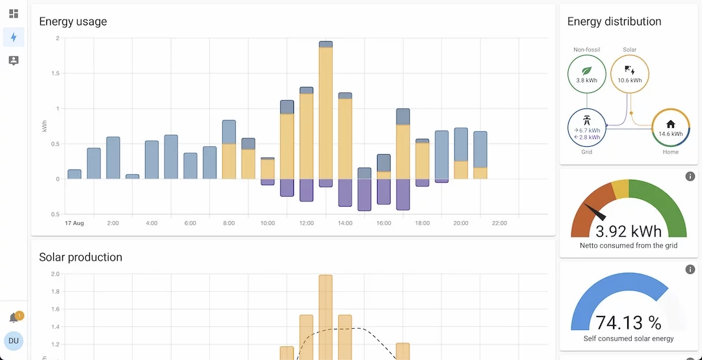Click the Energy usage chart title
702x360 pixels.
point(73,21)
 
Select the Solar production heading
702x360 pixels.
point(81,257)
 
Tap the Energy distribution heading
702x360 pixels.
point(614,21)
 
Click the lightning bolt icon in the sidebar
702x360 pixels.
point(14,37)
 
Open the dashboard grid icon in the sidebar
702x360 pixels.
point(14,14)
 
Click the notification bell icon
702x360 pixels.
point(14,318)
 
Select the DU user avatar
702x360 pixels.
point(14,341)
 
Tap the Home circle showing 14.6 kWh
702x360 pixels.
point(671,128)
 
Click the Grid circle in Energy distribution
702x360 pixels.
point(586,128)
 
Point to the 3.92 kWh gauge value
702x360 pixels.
point(629,231)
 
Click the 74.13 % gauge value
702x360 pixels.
point(629,323)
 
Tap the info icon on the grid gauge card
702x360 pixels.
point(690,177)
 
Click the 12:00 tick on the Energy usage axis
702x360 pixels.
point(306,224)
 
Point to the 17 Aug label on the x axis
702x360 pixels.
point(74,224)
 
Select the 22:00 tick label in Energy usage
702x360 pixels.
point(499,224)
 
